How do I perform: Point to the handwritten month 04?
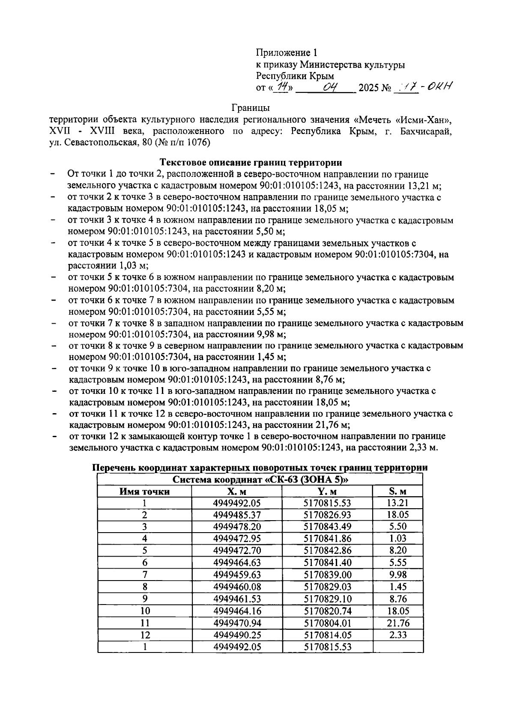click(331, 87)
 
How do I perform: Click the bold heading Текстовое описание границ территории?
click(251, 163)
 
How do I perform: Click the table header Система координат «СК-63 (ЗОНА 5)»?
click(260, 480)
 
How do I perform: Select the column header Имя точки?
click(144, 492)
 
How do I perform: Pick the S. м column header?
click(398, 492)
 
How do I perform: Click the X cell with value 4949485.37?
click(237, 515)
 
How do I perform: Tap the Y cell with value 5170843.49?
click(327, 527)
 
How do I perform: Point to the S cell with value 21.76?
click(398, 623)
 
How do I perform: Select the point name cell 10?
click(145, 611)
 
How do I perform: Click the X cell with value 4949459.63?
click(237, 575)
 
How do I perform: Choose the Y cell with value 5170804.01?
click(327, 623)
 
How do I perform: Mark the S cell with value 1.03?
click(398, 539)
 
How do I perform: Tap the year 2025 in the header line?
click(369, 89)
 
